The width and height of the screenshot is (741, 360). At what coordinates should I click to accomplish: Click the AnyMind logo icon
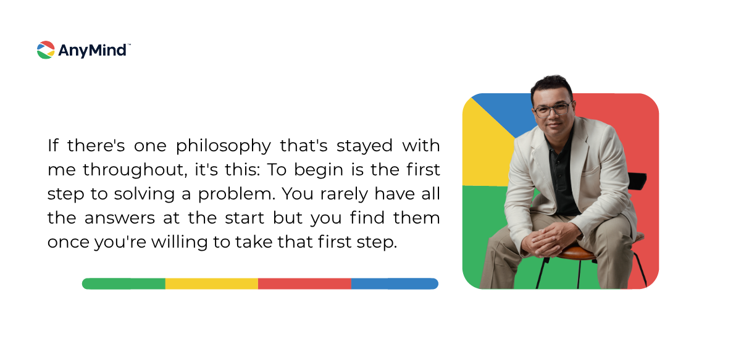46,50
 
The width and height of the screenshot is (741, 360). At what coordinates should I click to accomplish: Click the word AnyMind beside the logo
92,51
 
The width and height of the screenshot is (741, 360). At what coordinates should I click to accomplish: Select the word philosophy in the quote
224,146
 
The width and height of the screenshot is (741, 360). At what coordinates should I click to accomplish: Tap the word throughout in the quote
135,170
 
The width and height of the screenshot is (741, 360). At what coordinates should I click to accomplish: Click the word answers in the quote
119,219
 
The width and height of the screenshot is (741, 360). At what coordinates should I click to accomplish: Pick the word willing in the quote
180,243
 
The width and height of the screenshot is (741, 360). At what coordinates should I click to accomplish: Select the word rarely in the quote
344,195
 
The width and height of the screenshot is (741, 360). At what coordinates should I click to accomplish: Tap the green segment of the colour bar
124,283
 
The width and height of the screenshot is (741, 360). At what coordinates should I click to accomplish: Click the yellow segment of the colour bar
212,283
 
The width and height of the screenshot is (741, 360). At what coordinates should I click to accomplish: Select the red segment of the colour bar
304,283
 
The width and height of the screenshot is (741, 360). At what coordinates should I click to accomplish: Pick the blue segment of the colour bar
395,283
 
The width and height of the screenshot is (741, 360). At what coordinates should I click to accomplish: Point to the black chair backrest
637,181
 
